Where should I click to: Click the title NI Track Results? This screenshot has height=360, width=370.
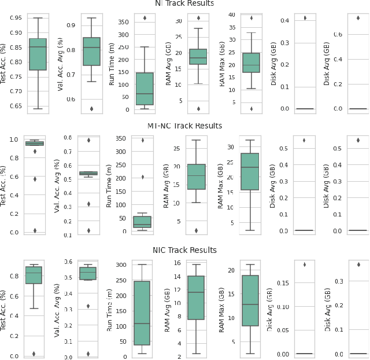coord(184,3)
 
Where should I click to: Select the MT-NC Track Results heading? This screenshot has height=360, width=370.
coord(184,126)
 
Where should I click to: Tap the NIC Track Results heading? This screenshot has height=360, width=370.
coord(184,250)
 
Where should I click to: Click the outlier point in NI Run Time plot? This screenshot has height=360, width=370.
coord(144,18)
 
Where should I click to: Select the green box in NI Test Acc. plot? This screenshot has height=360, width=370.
coord(38,54)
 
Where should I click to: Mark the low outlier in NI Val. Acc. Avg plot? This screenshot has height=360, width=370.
coord(91,109)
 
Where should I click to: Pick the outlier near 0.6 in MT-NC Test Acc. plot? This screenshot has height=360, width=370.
coord(35,179)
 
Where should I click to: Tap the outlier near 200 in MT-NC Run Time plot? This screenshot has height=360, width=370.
coord(142,177)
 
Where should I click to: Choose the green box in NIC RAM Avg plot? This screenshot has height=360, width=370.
coord(197,297)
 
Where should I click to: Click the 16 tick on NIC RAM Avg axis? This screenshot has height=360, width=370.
coord(177,262)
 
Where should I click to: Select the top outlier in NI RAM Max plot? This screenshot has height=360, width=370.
coord(251,18)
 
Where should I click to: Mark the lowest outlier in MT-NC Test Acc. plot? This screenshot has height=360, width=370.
coord(35,230)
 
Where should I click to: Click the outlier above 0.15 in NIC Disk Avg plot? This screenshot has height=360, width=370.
coord(304,265)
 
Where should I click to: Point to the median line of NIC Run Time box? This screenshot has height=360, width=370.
coord(142,324)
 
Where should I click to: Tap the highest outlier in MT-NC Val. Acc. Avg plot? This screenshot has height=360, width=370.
coord(88,140)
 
